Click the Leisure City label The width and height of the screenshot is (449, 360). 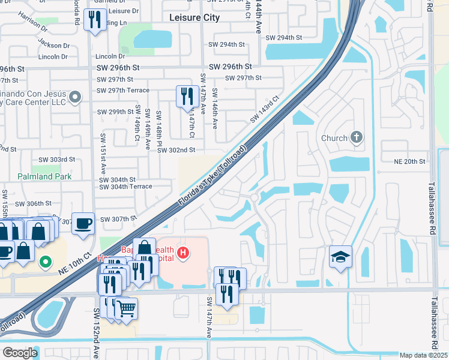coord(194,17)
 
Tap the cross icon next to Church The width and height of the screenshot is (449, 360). coord(357,137)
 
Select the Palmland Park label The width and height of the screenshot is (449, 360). coord(36,176)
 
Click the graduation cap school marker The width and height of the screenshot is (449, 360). coord(340,257)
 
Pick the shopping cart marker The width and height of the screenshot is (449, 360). coord(126,309)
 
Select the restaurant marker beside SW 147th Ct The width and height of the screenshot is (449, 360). coord(187,96)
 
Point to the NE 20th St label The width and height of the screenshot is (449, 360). coord(409,161)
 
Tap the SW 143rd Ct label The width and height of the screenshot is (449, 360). coord(265,110)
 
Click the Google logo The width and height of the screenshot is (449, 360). coord(20,353)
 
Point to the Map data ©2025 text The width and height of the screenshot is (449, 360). coord(423,355)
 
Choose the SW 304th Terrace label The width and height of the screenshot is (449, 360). coord(125,187)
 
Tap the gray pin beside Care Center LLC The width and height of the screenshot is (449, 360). coord(75,96)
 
